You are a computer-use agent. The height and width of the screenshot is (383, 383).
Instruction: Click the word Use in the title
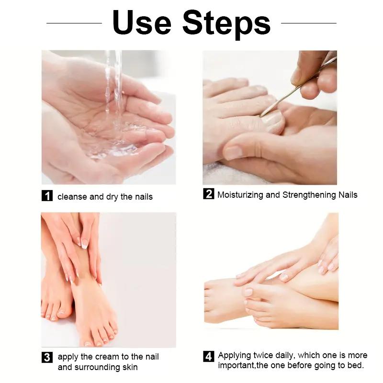click(142, 23)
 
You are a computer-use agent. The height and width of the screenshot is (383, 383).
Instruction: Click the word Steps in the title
click(226, 23)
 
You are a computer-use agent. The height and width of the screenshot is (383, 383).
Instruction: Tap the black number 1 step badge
click(47, 196)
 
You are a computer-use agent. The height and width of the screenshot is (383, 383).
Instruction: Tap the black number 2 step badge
click(208, 194)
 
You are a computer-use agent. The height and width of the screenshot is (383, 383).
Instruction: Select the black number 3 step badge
click(47, 357)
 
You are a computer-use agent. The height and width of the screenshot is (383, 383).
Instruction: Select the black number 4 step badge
click(208, 356)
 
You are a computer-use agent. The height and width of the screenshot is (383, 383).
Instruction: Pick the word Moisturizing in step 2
click(241, 195)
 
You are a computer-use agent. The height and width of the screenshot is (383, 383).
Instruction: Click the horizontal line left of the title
click(74, 23)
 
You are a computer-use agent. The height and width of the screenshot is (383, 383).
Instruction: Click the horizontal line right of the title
click(309, 23)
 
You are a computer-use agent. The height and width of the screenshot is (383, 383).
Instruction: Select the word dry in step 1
click(112, 197)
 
